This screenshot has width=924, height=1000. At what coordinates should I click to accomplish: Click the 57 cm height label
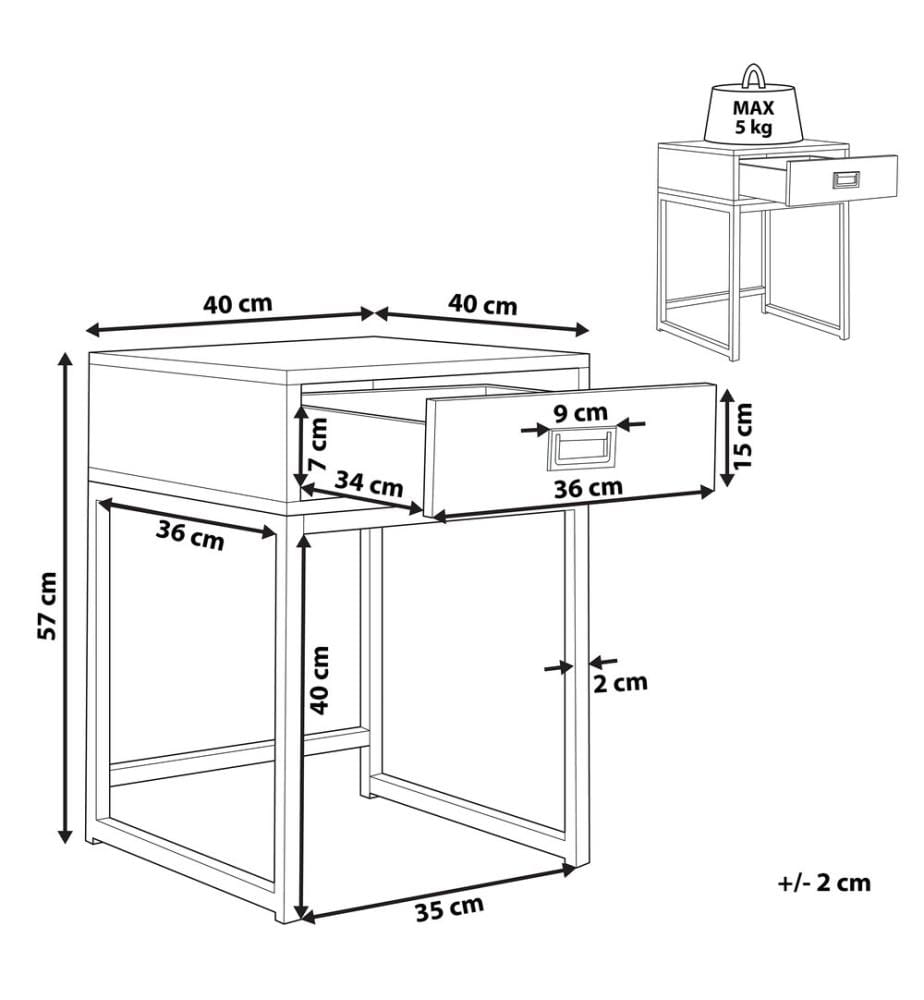pyautogui.click(x=48, y=605)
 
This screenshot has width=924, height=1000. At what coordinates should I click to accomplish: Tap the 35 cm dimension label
pyautogui.click(x=450, y=908)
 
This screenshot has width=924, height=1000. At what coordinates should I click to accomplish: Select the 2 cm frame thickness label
pyautogui.click(x=620, y=683)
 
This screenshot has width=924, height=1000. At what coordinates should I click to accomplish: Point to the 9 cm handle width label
pyautogui.click(x=580, y=413)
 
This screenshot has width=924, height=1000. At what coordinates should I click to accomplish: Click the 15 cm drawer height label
pyautogui.click(x=742, y=436)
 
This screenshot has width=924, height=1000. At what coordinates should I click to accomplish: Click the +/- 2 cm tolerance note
pyautogui.click(x=824, y=883)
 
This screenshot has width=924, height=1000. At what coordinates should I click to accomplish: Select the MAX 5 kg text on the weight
pyautogui.click(x=753, y=117)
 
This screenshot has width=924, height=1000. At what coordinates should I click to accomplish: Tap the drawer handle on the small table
pyautogui.click(x=846, y=180)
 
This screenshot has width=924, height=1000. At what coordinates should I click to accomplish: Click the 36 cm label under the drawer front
pyautogui.click(x=588, y=488)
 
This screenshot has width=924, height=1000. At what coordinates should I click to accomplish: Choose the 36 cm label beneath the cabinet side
pyautogui.click(x=190, y=535)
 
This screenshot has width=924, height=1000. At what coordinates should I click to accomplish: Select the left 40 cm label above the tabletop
pyautogui.click(x=238, y=304)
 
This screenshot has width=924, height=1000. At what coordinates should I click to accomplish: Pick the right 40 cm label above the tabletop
pyautogui.click(x=483, y=304)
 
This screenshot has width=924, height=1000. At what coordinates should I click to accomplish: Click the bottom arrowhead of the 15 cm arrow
pyautogui.click(x=726, y=477)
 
